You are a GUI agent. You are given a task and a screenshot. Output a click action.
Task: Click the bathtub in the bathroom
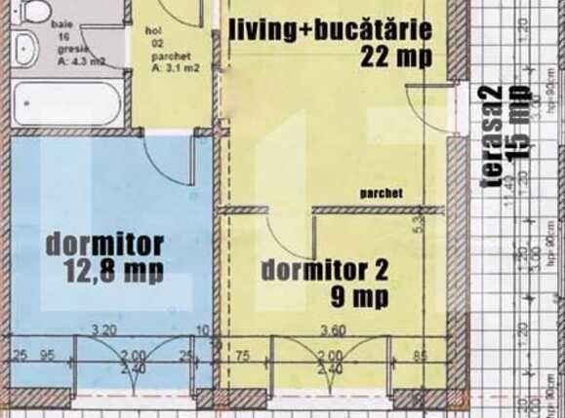67,103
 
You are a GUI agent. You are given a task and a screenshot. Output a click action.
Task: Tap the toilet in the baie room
36,11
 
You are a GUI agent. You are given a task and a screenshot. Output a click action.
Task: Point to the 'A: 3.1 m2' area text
174,67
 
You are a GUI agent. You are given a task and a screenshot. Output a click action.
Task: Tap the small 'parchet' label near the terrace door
381,193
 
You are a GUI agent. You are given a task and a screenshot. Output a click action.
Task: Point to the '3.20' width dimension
104,329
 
